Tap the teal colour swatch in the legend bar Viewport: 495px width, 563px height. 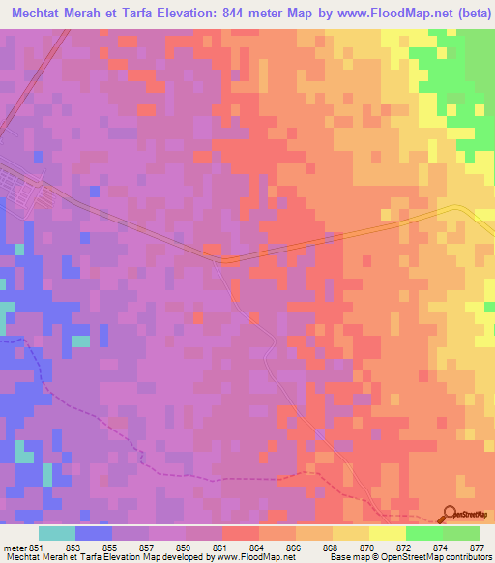(x=57, y=533)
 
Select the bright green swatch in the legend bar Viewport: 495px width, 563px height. (x=424, y=533)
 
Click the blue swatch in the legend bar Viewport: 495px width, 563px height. (x=94, y=533)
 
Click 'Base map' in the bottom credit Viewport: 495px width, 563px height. (x=349, y=557)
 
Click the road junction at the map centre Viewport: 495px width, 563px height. (x=225, y=259)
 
